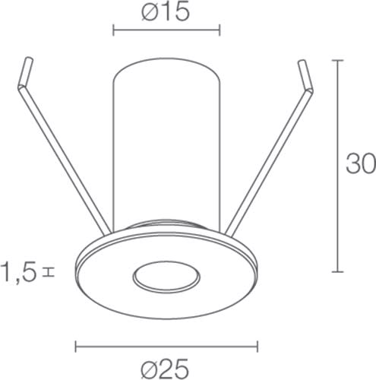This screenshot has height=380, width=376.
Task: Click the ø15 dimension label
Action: click(166, 12)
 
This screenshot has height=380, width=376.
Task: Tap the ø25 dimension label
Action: click(165, 368)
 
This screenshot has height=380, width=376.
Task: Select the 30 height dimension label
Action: click(361, 163)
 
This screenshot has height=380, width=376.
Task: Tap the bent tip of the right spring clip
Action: click(305, 75)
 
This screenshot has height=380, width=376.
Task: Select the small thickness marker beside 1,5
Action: click(49, 272)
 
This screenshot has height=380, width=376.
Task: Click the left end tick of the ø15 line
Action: click(113, 30)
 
